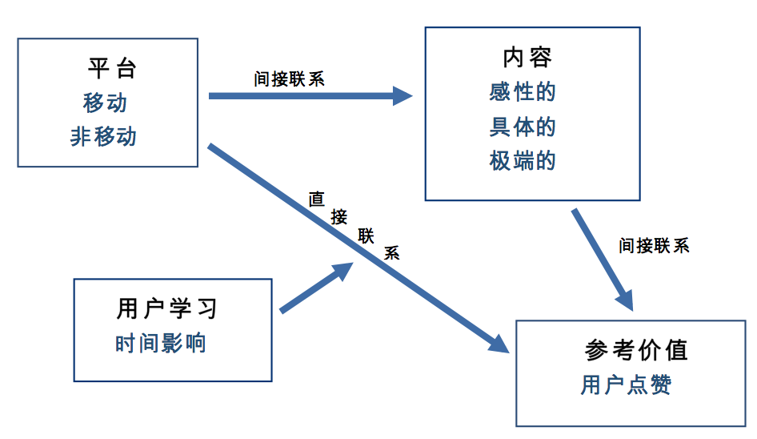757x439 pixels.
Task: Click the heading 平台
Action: pos(112,68)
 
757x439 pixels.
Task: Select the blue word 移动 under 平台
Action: pos(105,103)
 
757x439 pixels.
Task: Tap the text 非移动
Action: pos(104,137)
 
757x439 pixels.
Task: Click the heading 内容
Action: pos(527,58)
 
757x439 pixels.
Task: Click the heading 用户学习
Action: pos(166,308)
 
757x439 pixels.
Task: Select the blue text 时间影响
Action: pos(161,343)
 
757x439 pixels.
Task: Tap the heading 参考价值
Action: pos(636,350)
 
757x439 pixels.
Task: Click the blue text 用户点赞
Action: pos(626,385)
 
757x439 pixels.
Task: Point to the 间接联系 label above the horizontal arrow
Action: pos(289,79)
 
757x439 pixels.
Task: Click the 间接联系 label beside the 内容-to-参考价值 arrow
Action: pos(654,245)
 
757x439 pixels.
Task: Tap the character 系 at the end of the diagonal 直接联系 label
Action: pos(391,252)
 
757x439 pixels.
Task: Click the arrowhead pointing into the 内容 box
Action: pos(403,96)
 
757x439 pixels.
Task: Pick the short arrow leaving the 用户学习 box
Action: pos(315,288)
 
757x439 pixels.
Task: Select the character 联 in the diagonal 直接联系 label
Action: pos(366,236)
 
